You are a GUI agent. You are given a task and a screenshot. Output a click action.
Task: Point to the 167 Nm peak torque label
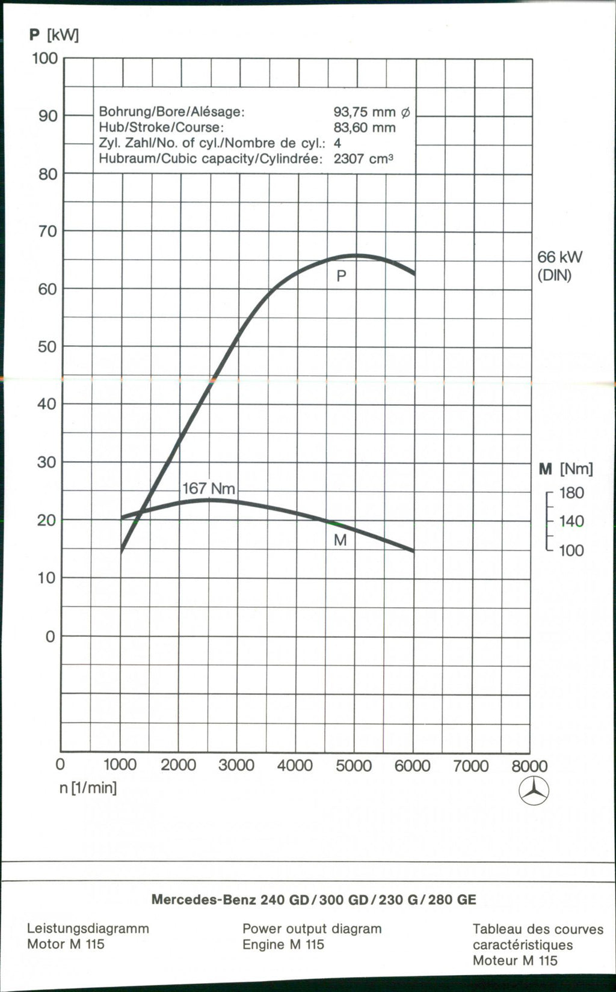click(208, 488)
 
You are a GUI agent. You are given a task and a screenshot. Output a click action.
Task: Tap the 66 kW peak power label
click(559, 257)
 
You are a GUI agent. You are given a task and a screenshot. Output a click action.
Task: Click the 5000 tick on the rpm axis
click(354, 765)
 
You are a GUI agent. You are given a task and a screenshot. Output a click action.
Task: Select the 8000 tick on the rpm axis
click(529, 766)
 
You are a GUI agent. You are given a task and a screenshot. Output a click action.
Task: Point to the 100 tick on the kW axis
click(46, 59)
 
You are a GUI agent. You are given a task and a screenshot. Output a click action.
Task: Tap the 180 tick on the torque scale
click(571, 493)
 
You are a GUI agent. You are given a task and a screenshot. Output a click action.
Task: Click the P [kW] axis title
click(54, 35)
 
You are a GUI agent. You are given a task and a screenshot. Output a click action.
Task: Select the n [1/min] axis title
click(88, 787)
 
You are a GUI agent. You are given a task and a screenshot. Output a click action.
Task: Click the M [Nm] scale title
click(565, 469)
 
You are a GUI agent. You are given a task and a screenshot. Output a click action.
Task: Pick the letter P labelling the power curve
click(341, 276)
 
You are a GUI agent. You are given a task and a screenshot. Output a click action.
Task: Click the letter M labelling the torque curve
click(340, 540)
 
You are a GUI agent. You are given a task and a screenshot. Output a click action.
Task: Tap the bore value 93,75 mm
click(365, 112)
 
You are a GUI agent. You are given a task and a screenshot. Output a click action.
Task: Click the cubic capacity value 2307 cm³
click(363, 159)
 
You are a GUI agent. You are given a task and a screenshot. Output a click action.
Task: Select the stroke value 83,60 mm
click(365, 127)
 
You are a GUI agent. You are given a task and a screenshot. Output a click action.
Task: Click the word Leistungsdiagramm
click(88, 928)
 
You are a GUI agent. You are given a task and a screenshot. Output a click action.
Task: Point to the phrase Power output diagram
click(312, 928)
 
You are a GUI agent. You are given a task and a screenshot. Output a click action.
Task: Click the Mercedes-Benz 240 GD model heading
click(313, 899)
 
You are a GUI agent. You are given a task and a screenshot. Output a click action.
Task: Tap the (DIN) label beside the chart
click(554, 276)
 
